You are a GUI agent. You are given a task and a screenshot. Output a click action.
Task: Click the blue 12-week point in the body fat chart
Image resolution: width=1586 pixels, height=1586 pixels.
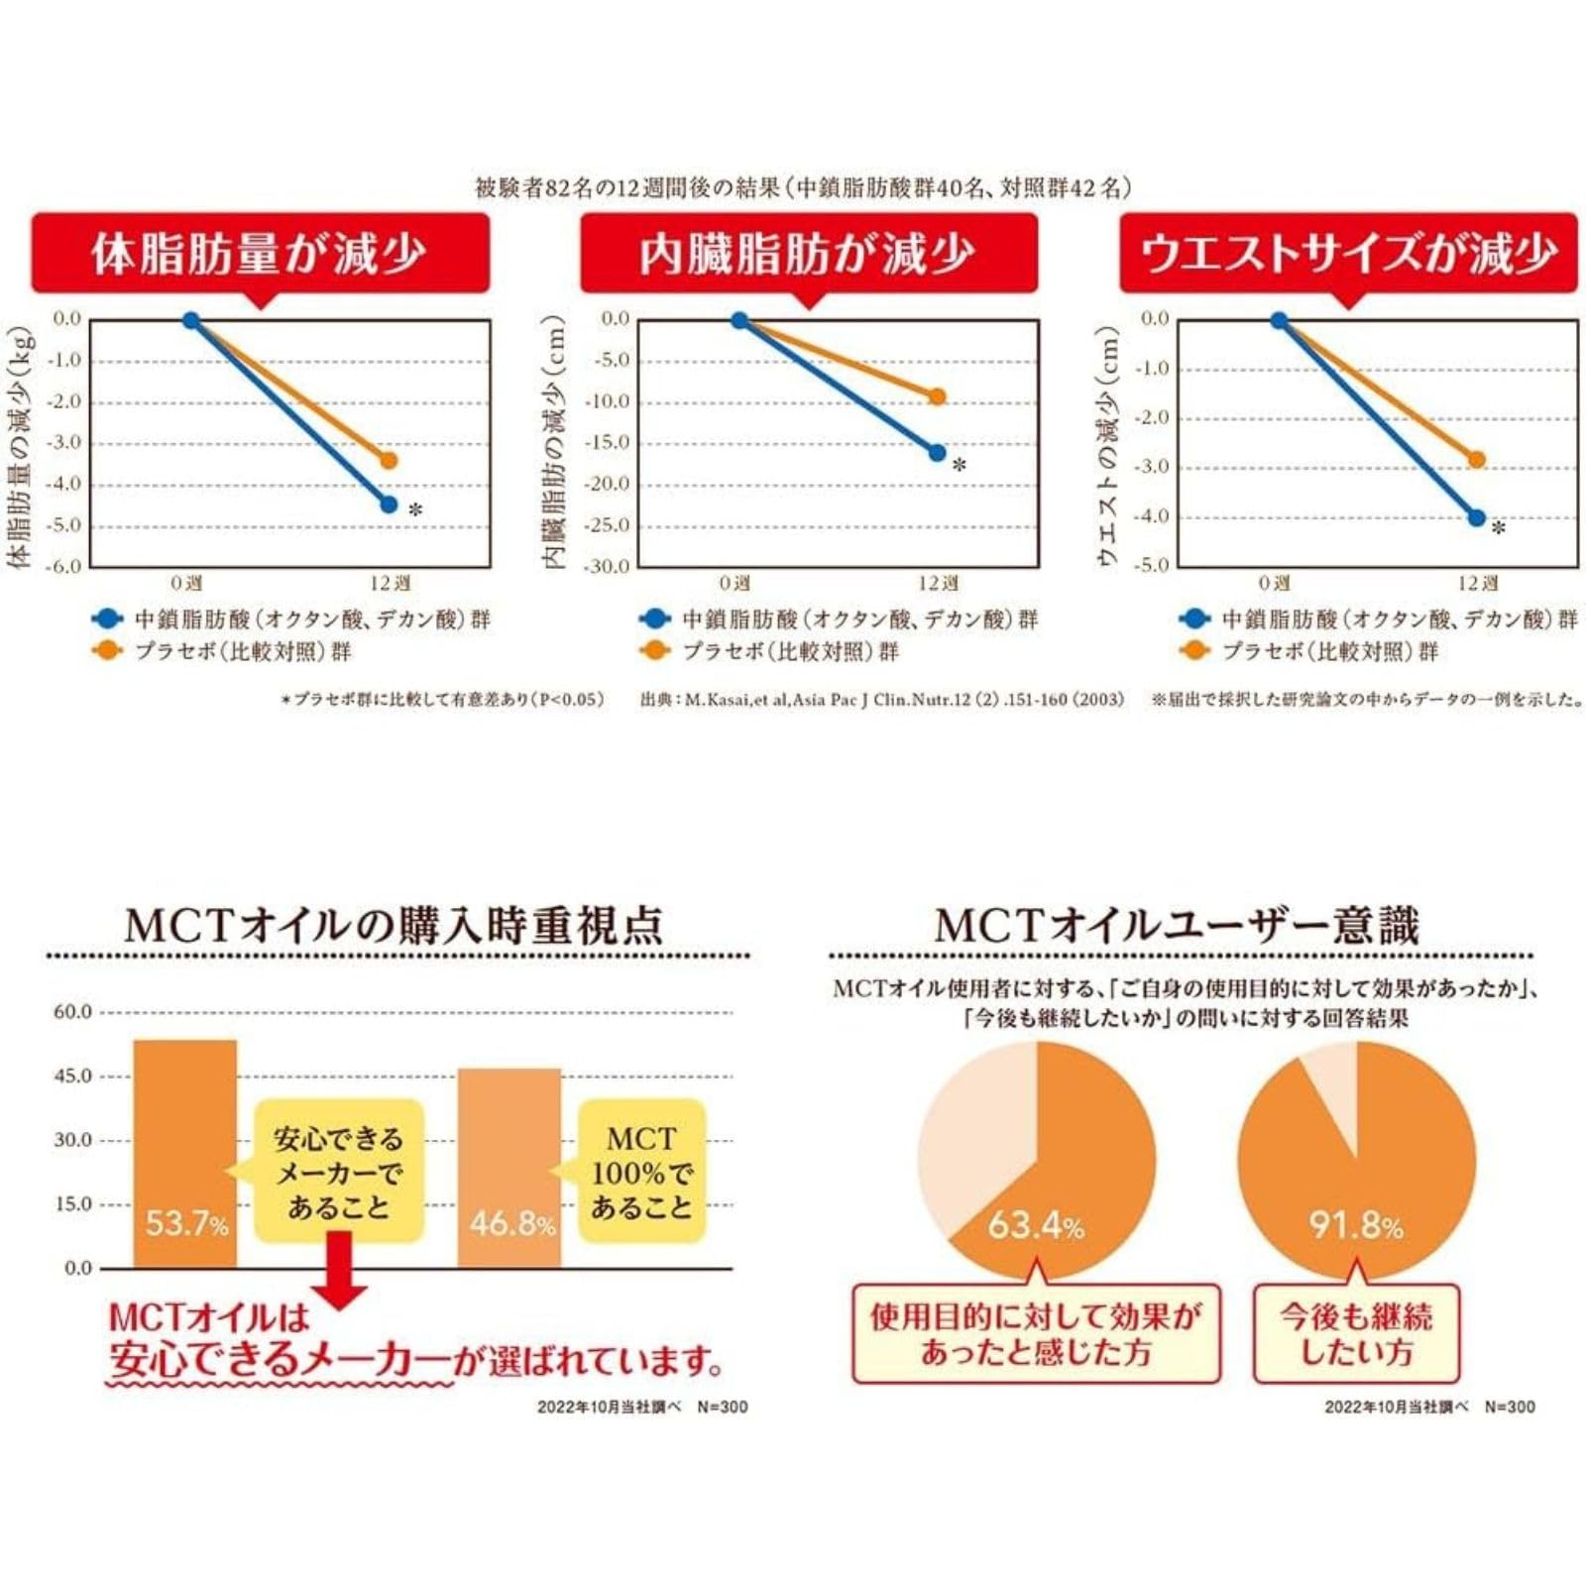[389, 505]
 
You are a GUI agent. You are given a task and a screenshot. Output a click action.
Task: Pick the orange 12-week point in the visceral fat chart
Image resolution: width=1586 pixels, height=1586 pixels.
[937, 396]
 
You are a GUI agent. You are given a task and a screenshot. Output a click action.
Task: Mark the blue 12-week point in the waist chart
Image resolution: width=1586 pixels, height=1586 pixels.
[1477, 517]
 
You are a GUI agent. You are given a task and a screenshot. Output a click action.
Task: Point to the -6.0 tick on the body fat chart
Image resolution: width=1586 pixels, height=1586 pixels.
[66, 566]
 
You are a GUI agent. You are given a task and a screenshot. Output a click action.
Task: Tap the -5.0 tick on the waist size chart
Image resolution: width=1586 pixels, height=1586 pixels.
[1154, 565]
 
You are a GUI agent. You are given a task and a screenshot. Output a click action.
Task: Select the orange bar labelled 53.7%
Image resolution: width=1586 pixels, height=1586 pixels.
[185, 1154]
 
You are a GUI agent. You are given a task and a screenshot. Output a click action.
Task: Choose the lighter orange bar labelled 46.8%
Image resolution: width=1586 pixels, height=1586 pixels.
[510, 1168]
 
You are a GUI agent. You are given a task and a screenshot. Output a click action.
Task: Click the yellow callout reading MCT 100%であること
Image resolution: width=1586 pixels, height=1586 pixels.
[641, 1172]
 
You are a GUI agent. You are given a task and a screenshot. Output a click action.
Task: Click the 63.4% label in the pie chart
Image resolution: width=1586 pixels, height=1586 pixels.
[1036, 1226]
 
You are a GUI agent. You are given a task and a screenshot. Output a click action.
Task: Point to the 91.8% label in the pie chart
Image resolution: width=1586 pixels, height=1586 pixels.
[1356, 1226]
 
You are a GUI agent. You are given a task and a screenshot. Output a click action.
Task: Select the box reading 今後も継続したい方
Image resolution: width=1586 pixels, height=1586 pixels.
[1356, 1334]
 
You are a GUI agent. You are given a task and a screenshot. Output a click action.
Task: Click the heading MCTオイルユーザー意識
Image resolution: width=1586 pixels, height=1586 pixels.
[1177, 926]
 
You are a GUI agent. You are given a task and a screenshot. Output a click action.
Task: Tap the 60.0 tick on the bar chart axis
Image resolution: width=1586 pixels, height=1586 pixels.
[72, 1012]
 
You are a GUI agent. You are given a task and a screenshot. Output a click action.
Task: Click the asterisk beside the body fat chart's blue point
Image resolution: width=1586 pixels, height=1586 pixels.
[415, 510]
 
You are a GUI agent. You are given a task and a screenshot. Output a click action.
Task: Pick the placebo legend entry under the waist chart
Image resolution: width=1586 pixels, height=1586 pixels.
[1309, 651]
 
